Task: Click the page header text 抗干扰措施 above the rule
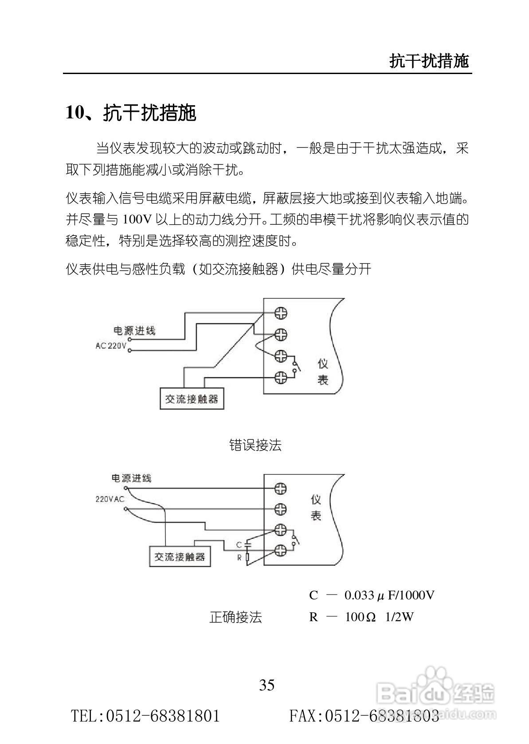428,61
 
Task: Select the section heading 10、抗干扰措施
131,113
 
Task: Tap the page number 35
267,685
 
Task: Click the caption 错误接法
255,445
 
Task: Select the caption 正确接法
235,617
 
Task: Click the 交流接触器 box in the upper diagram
192,399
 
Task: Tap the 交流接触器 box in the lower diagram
180,556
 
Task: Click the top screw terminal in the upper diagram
281,313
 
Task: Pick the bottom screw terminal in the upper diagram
281,378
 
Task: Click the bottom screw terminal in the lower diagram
280,550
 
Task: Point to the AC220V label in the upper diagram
111,345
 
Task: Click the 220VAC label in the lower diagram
110,499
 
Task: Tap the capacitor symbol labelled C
248,543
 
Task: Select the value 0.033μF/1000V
389,595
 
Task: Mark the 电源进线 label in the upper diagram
134,331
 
